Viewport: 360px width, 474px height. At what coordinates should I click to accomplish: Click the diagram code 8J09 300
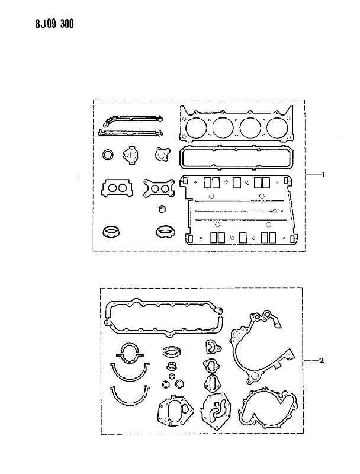coord(54,24)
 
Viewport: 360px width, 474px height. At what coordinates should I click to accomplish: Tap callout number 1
coord(323,175)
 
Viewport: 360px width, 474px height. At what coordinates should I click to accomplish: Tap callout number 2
coord(322,360)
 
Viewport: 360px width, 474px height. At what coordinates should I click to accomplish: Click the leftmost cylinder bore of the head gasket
coord(195,127)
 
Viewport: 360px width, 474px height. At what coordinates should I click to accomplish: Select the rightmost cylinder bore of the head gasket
coord(277,127)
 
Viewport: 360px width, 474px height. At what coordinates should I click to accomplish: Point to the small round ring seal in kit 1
coord(108,155)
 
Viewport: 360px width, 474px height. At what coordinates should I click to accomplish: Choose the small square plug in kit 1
coord(162,209)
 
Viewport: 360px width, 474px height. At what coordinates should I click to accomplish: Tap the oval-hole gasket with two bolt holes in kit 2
coord(205,384)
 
